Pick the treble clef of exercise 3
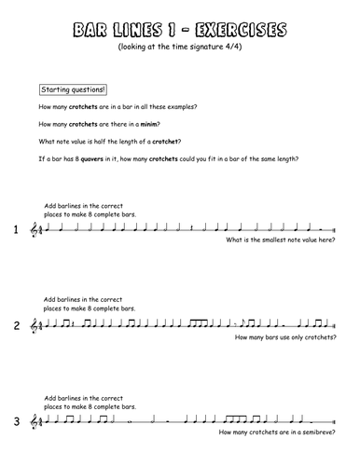coord(36,421)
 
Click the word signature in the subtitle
coord(220,48)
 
